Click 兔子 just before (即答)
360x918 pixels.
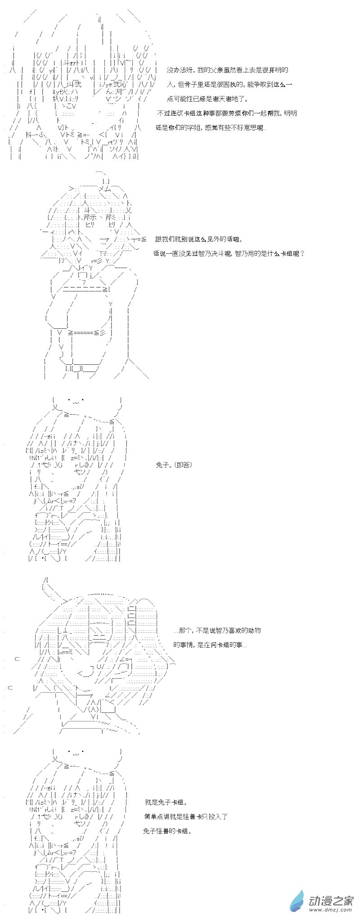pos(162,465)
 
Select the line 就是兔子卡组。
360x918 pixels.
pos(166,802)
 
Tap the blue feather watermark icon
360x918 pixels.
pos(297,902)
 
